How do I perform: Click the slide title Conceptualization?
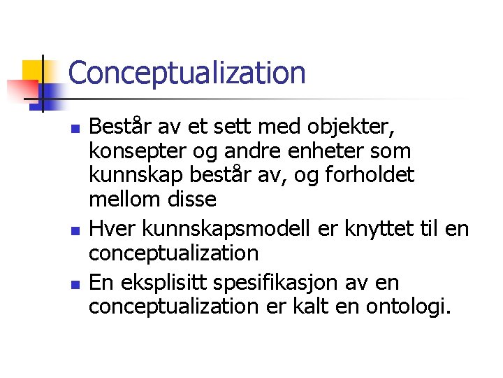187,73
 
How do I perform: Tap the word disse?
192,199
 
